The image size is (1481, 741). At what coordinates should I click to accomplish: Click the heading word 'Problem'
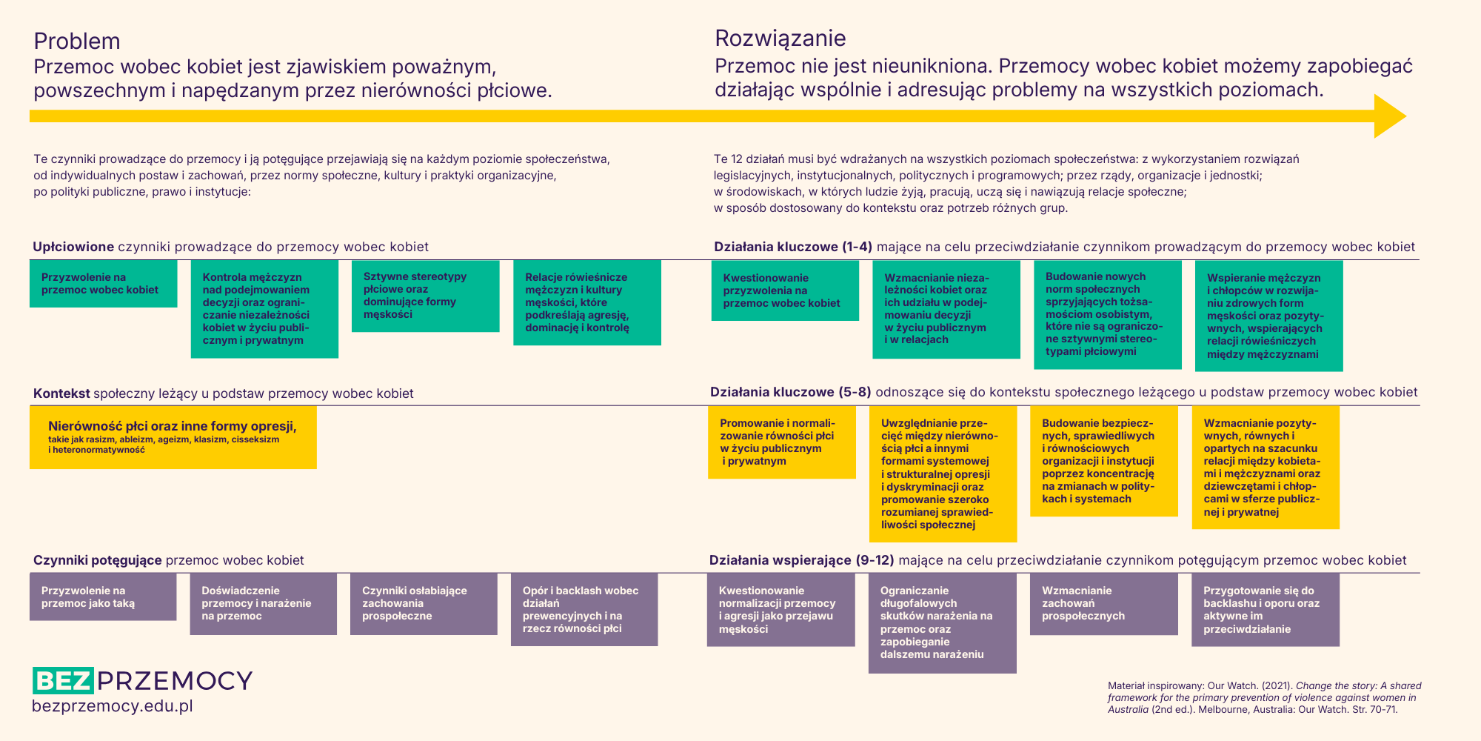(x=77, y=41)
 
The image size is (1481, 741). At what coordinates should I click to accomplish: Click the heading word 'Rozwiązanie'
(x=780, y=38)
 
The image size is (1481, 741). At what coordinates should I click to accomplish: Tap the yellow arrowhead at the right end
(x=1388, y=116)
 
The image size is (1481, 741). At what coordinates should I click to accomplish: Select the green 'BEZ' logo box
(x=63, y=680)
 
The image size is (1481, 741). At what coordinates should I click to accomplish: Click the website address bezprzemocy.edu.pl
(x=112, y=706)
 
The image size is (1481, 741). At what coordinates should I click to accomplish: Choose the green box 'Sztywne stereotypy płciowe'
(x=425, y=296)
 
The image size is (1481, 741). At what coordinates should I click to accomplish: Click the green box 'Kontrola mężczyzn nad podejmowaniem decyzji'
(x=264, y=308)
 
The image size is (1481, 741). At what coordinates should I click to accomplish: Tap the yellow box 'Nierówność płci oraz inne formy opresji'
(x=173, y=436)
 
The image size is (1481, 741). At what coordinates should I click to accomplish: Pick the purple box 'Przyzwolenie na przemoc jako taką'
(x=103, y=597)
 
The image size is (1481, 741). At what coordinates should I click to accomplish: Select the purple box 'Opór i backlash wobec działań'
(x=584, y=609)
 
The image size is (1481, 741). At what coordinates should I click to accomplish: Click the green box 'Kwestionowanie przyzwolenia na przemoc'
(x=785, y=290)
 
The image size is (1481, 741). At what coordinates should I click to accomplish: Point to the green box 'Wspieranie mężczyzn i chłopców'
(x=1268, y=316)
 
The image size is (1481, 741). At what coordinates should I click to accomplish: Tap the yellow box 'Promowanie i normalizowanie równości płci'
(x=781, y=442)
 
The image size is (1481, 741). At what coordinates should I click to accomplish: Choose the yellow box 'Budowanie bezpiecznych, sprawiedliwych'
(x=1103, y=460)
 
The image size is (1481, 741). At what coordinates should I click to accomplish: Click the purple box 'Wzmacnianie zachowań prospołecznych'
(x=1103, y=603)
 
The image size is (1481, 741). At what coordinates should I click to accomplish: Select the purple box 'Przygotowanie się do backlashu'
(x=1265, y=609)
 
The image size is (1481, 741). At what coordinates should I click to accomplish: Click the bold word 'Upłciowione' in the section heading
(x=73, y=247)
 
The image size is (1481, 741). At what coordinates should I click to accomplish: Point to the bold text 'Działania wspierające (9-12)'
(x=801, y=560)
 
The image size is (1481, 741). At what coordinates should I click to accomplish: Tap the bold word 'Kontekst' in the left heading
(x=61, y=393)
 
